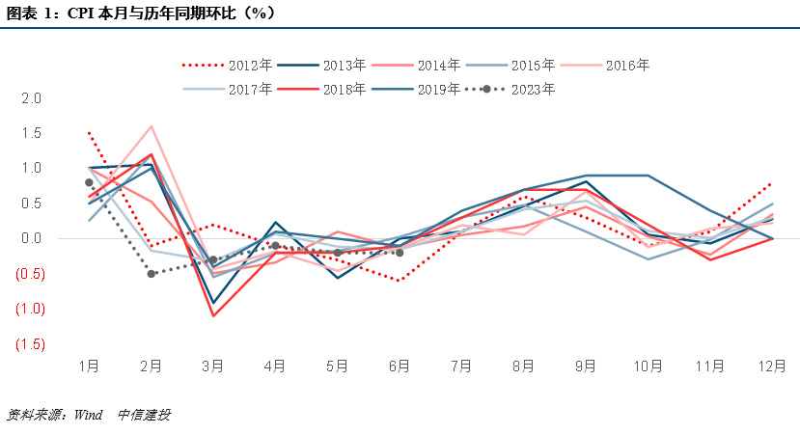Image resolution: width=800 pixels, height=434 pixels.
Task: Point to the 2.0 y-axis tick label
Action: pyautogui.click(x=32, y=98)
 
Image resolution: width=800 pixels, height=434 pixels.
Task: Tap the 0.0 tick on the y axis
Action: pyautogui.click(x=32, y=238)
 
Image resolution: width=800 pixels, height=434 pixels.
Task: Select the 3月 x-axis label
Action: pyautogui.click(x=213, y=366)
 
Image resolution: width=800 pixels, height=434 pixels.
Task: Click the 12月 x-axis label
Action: pyautogui.click(x=772, y=366)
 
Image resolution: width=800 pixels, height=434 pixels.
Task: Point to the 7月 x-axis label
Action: pyautogui.click(x=461, y=366)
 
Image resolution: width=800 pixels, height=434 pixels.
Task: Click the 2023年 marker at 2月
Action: pyautogui.click(x=152, y=274)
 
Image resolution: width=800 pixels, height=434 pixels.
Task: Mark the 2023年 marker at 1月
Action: pyautogui.click(x=89, y=182)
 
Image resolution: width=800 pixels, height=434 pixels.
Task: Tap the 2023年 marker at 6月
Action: pyautogui.click(x=400, y=253)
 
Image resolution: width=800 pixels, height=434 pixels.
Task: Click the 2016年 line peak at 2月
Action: pyautogui.click(x=152, y=126)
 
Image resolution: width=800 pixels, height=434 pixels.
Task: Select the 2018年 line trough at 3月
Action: pyautogui.click(x=213, y=315)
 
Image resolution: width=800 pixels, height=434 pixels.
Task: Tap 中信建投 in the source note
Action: pyautogui.click(x=144, y=415)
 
